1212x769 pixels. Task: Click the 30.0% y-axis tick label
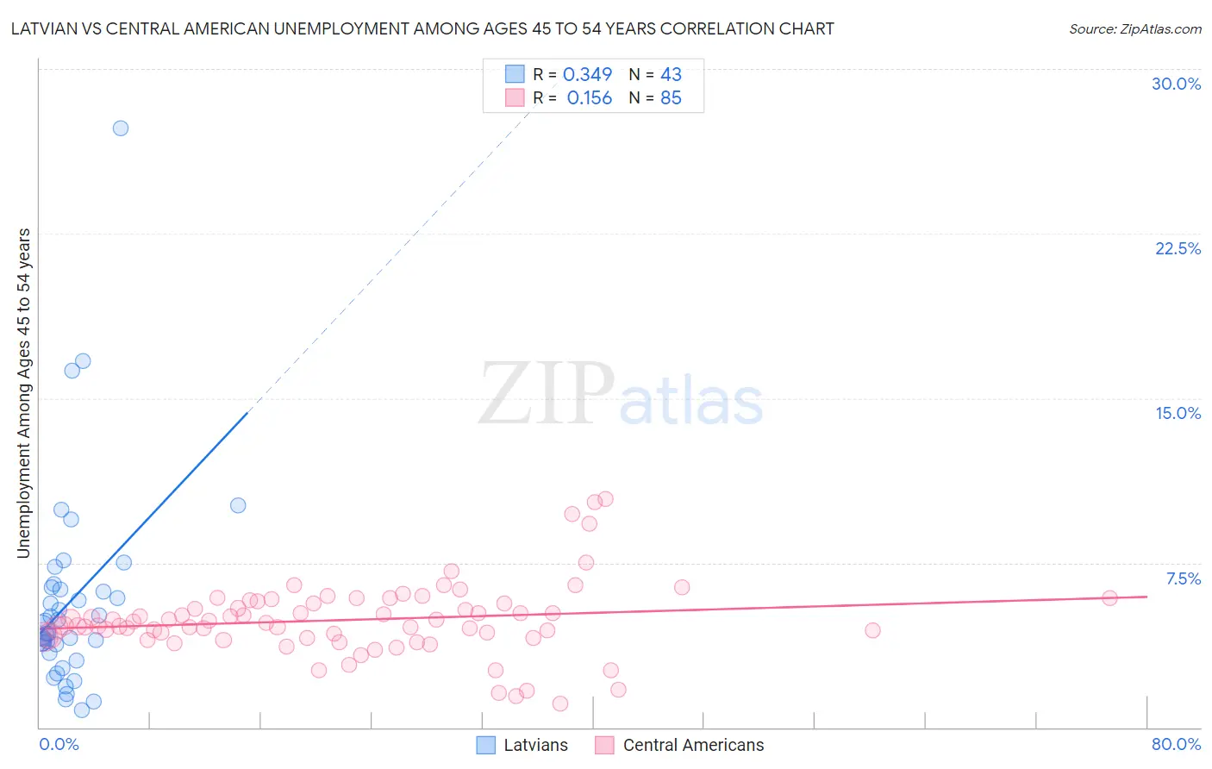click(x=1176, y=84)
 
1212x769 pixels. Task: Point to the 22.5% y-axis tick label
click(x=1178, y=248)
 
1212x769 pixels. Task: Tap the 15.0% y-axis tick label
click(x=1178, y=413)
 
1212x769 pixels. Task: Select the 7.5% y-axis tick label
click(x=1183, y=578)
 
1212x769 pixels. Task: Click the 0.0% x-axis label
click(x=59, y=744)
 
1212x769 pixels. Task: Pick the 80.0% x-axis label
click(x=1176, y=744)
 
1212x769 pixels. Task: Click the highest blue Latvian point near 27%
click(x=121, y=128)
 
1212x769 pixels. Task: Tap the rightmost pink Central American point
click(x=1109, y=597)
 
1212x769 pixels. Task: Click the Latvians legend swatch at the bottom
click(x=486, y=745)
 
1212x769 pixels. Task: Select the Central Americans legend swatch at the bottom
click(x=604, y=745)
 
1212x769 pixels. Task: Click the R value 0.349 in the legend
click(x=587, y=74)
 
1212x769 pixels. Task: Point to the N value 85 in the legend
click(x=671, y=98)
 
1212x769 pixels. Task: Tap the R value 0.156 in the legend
click(x=589, y=98)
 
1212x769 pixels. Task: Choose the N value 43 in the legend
click(x=671, y=74)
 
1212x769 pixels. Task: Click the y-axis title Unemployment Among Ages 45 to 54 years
click(x=24, y=393)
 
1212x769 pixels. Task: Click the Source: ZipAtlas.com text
click(x=1134, y=29)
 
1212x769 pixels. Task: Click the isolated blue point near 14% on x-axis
click(x=238, y=505)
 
